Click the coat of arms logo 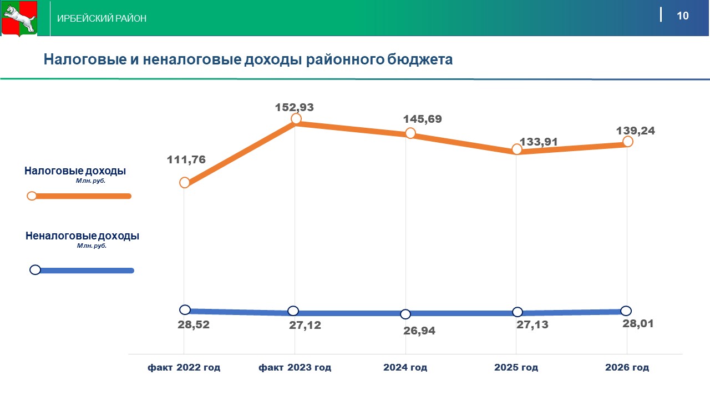pyautogui.click(x=19, y=19)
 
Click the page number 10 pyautogui.click(x=682, y=16)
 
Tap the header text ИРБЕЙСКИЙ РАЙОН pyautogui.click(x=102, y=18)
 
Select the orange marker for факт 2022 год pyautogui.click(x=185, y=183)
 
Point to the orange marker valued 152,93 pyautogui.click(x=296, y=119)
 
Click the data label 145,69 pyautogui.click(x=423, y=119)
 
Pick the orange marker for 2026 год pyautogui.click(x=627, y=142)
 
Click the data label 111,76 pyautogui.click(x=186, y=160)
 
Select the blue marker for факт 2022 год pyautogui.click(x=185, y=309)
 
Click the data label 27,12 pyautogui.click(x=305, y=325)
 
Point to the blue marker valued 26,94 pyautogui.click(x=405, y=314)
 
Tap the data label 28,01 pyautogui.click(x=638, y=323)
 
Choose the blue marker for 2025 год pyautogui.click(x=517, y=312)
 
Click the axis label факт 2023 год pyautogui.click(x=295, y=368)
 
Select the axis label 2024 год pyautogui.click(x=405, y=368)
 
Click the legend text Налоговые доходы pyautogui.click(x=75, y=171)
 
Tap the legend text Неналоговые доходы pyautogui.click(x=82, y=236)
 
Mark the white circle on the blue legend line pyautogui.click(x=35, y=270)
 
